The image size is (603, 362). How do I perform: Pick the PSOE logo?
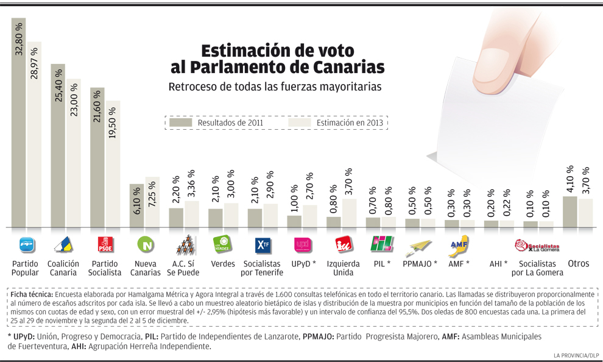click(x=105, y=244)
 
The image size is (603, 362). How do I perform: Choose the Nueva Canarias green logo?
click(x=146, y=245)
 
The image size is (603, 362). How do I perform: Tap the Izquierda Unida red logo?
click(x=343, y=244)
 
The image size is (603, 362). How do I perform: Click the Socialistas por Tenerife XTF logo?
click(x=263, y=244)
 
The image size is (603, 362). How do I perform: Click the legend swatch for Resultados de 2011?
click(x=180, y=122)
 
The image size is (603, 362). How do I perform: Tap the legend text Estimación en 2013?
click(x=350, y=122)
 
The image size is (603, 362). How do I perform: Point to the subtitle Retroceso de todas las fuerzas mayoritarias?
click(x=275, y=87)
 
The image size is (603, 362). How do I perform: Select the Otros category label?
click(x=578, y=264)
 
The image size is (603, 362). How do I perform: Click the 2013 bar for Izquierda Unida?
click(x=350, y=213)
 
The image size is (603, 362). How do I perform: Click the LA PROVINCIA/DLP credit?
click(x=574, y=355)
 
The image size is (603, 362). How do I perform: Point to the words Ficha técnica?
click(x=31, y=294)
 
